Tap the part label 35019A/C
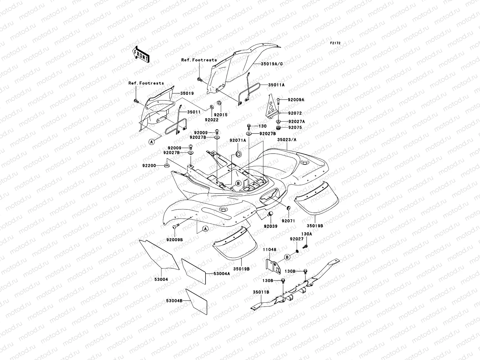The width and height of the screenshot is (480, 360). click(272, 64)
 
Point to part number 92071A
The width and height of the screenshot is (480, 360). click(238, 140)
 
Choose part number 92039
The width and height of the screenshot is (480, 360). click(271, 226)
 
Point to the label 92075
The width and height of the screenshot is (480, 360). click(295, 127)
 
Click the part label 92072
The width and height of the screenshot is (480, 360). click(295, 113)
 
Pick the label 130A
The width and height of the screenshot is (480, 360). click(306, 234)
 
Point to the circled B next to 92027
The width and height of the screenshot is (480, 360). click(287, 257)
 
